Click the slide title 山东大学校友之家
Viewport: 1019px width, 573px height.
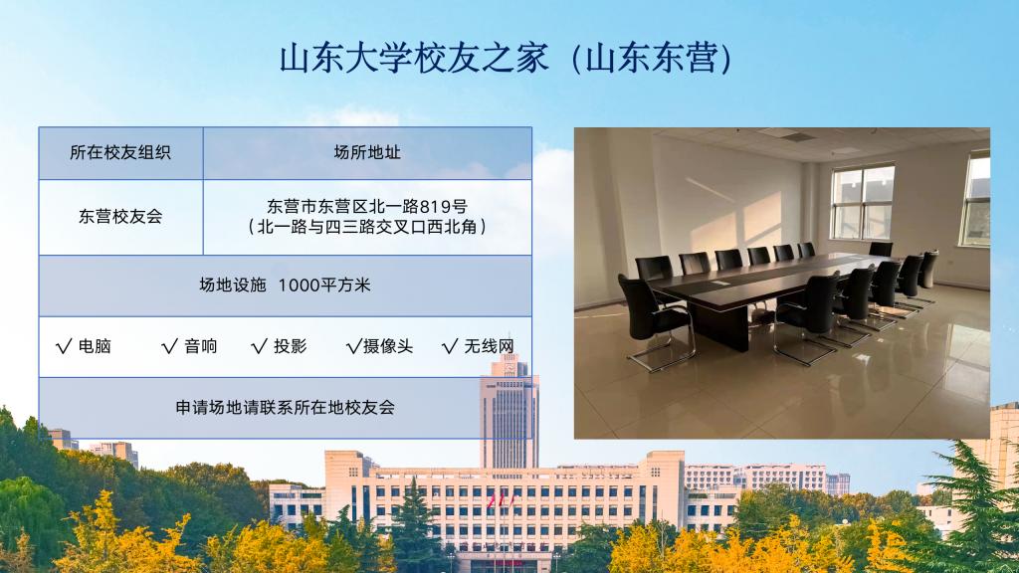(414, 58)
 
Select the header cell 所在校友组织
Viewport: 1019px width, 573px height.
(120, 152)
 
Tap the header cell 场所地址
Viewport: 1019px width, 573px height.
(367, 152)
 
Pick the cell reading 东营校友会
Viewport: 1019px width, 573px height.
(120, 216)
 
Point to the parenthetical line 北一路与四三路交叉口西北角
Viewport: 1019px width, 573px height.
(367, 227)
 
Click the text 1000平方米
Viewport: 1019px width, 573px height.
(324, 286)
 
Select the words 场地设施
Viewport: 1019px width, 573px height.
(233, 286)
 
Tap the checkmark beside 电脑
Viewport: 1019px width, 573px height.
(64, 346)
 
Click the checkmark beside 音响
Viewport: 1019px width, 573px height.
(169, 346)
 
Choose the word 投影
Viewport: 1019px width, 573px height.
(290, 346)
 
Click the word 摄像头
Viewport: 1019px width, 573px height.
(388, 346)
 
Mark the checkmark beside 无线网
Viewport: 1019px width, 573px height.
(450, 346)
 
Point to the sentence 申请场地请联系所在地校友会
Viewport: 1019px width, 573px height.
(286, 407)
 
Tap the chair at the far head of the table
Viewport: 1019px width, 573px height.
(881, 249)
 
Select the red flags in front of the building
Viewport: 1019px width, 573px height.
(501, 501)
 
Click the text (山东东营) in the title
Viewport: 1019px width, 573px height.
(652, 58)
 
